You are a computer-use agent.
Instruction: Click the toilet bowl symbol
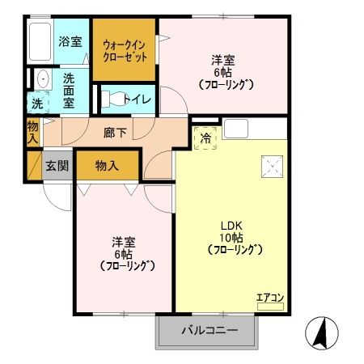115,99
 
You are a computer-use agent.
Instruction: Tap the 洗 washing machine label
37,104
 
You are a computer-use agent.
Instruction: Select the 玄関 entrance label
57,167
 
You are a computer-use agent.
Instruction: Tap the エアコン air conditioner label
270,298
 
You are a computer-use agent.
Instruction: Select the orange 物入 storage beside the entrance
108,166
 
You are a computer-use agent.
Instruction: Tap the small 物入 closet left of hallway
32,131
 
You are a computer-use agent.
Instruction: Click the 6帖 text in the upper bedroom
224,71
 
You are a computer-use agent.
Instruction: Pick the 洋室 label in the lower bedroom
124,242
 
